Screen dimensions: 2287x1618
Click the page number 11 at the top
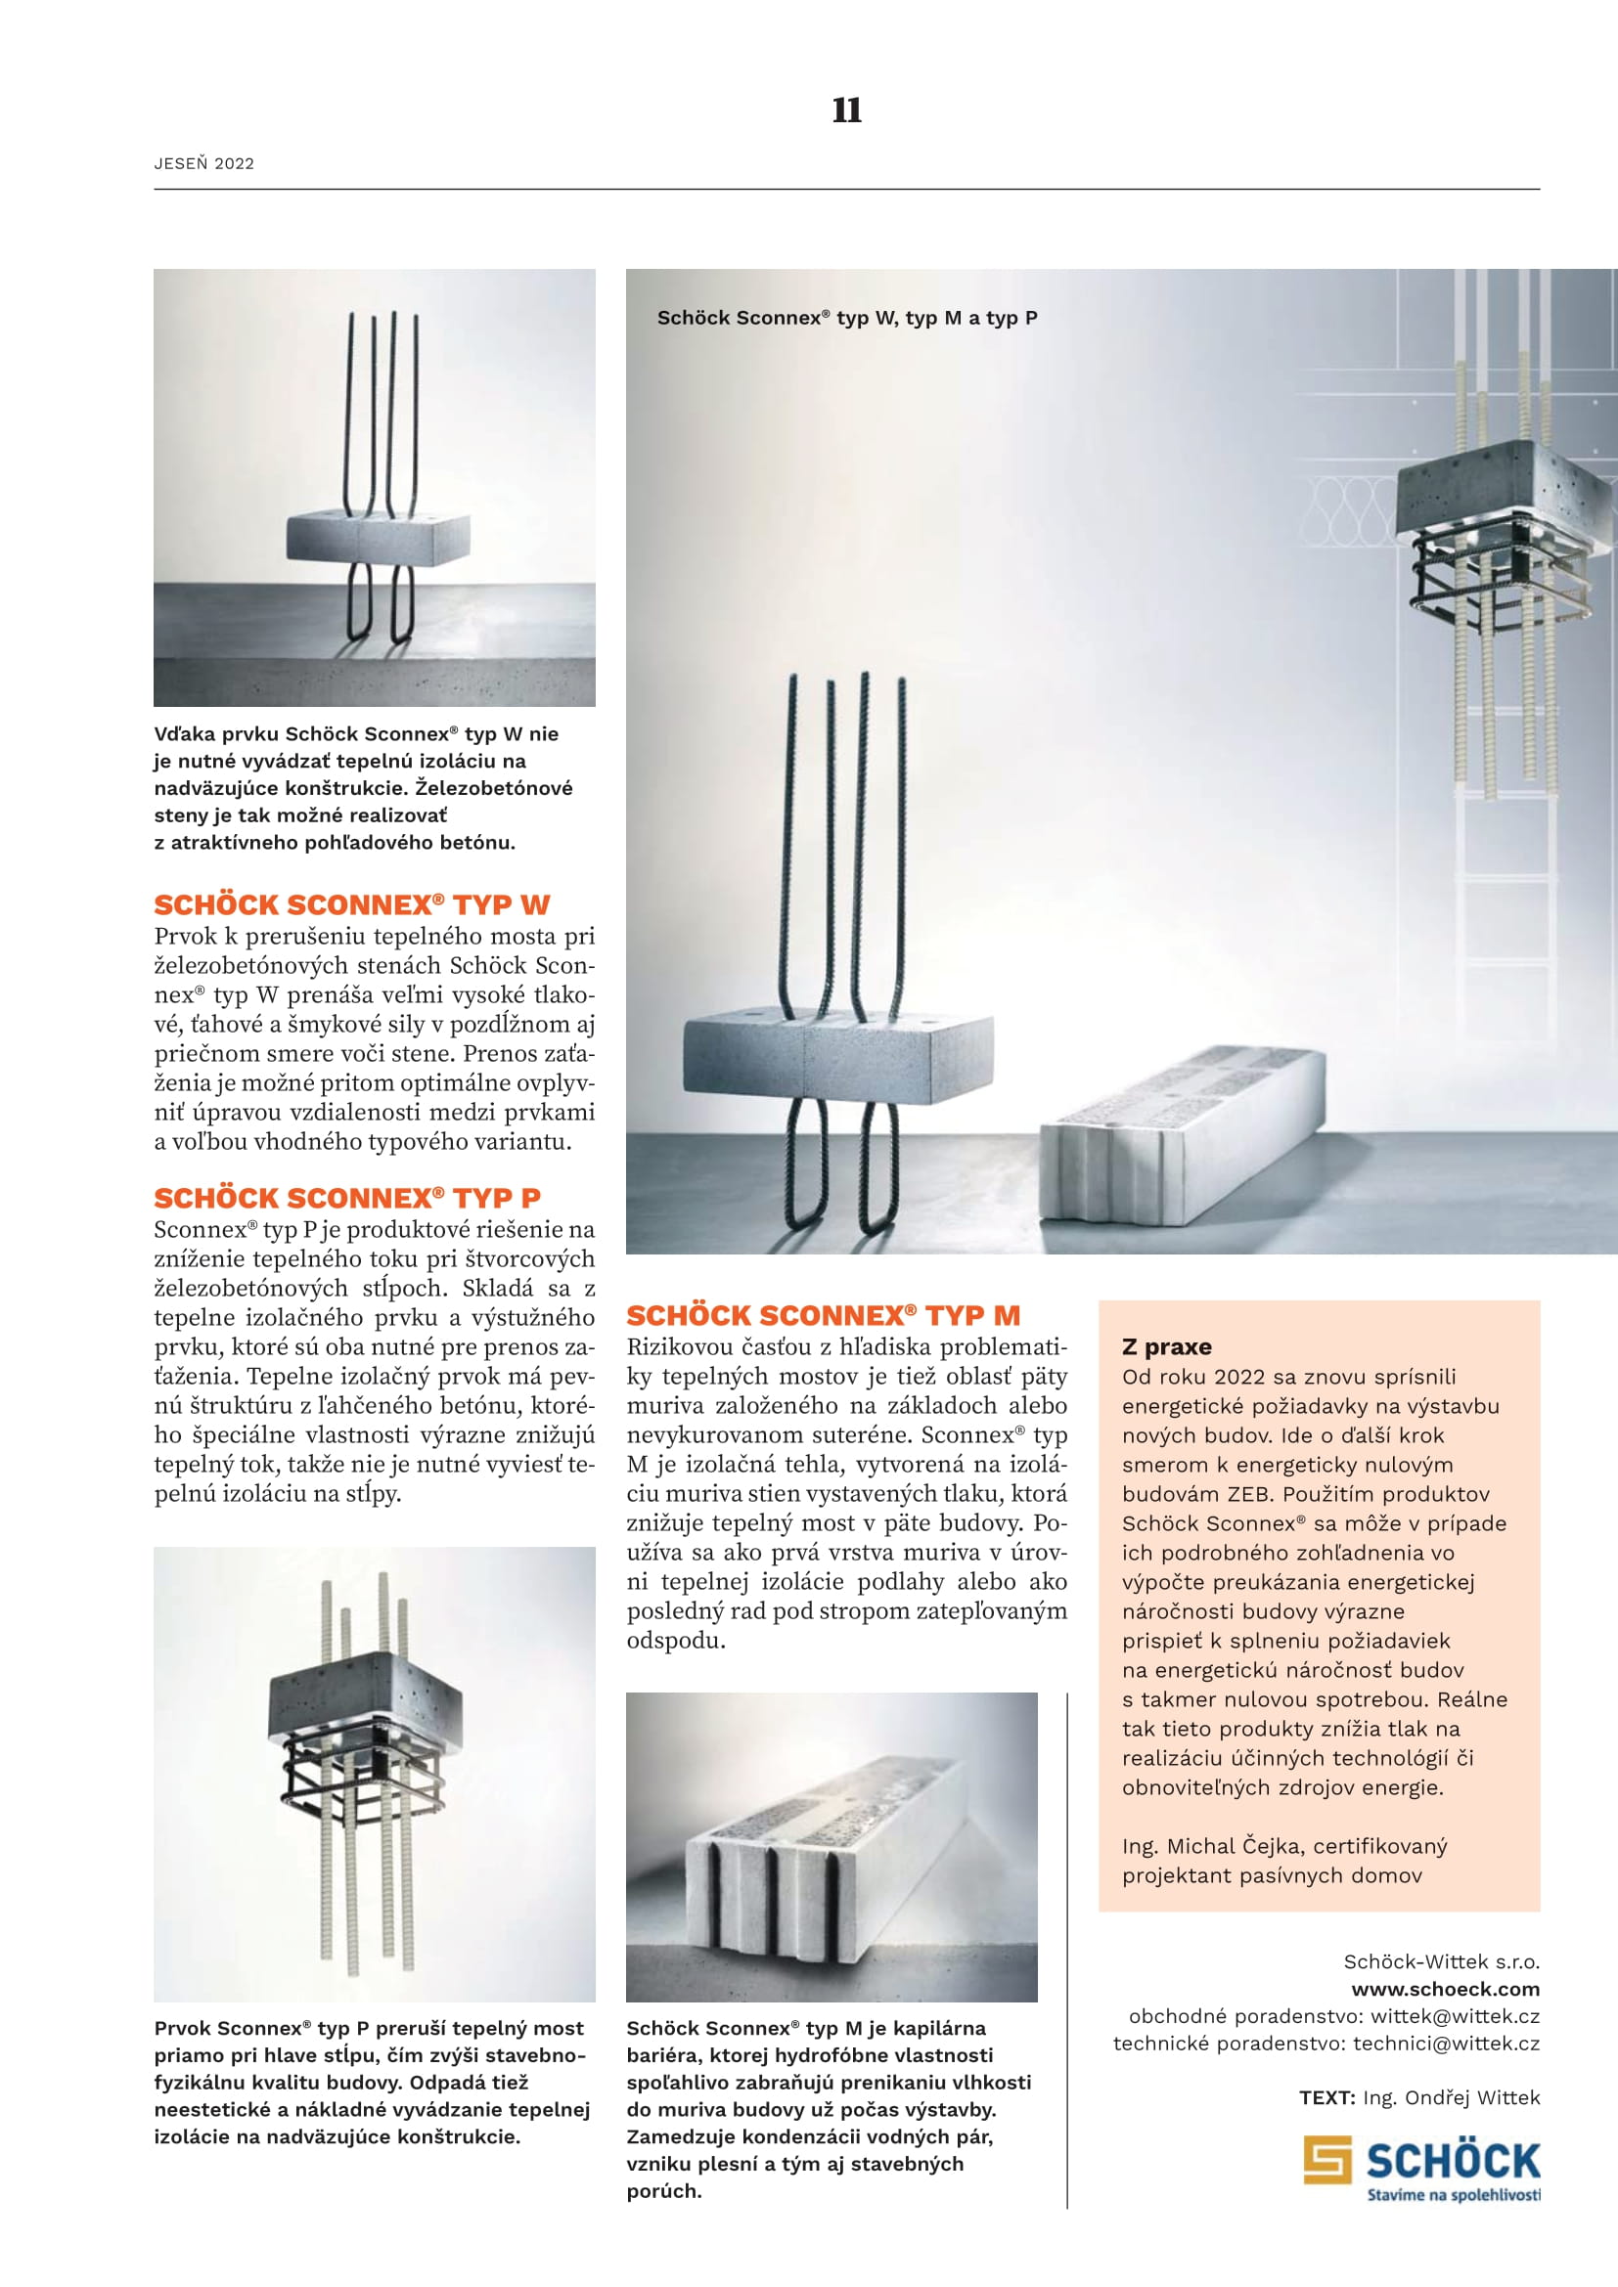point(846,110)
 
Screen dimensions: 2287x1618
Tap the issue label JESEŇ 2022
point(204,163)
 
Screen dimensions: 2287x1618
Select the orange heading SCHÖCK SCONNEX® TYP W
point(352,904)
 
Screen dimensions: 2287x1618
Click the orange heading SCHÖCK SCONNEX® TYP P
point(346,1198)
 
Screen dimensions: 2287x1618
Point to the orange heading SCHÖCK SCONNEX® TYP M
point(823,1315)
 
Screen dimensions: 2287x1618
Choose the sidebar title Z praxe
point(1166,1346)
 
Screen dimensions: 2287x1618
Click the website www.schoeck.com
point(1445,1989)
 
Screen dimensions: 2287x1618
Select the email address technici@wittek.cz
point(1446,2043)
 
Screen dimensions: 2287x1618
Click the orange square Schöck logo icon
point(1327,2160)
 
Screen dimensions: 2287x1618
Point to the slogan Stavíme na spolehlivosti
point(1453,2195)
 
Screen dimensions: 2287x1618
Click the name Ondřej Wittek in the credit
point(1471,2097)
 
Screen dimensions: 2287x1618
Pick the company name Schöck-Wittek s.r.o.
point(1441,1961)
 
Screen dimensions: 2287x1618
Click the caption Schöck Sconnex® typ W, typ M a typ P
point(847,318)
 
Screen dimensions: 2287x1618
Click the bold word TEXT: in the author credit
point(1326,2097)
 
